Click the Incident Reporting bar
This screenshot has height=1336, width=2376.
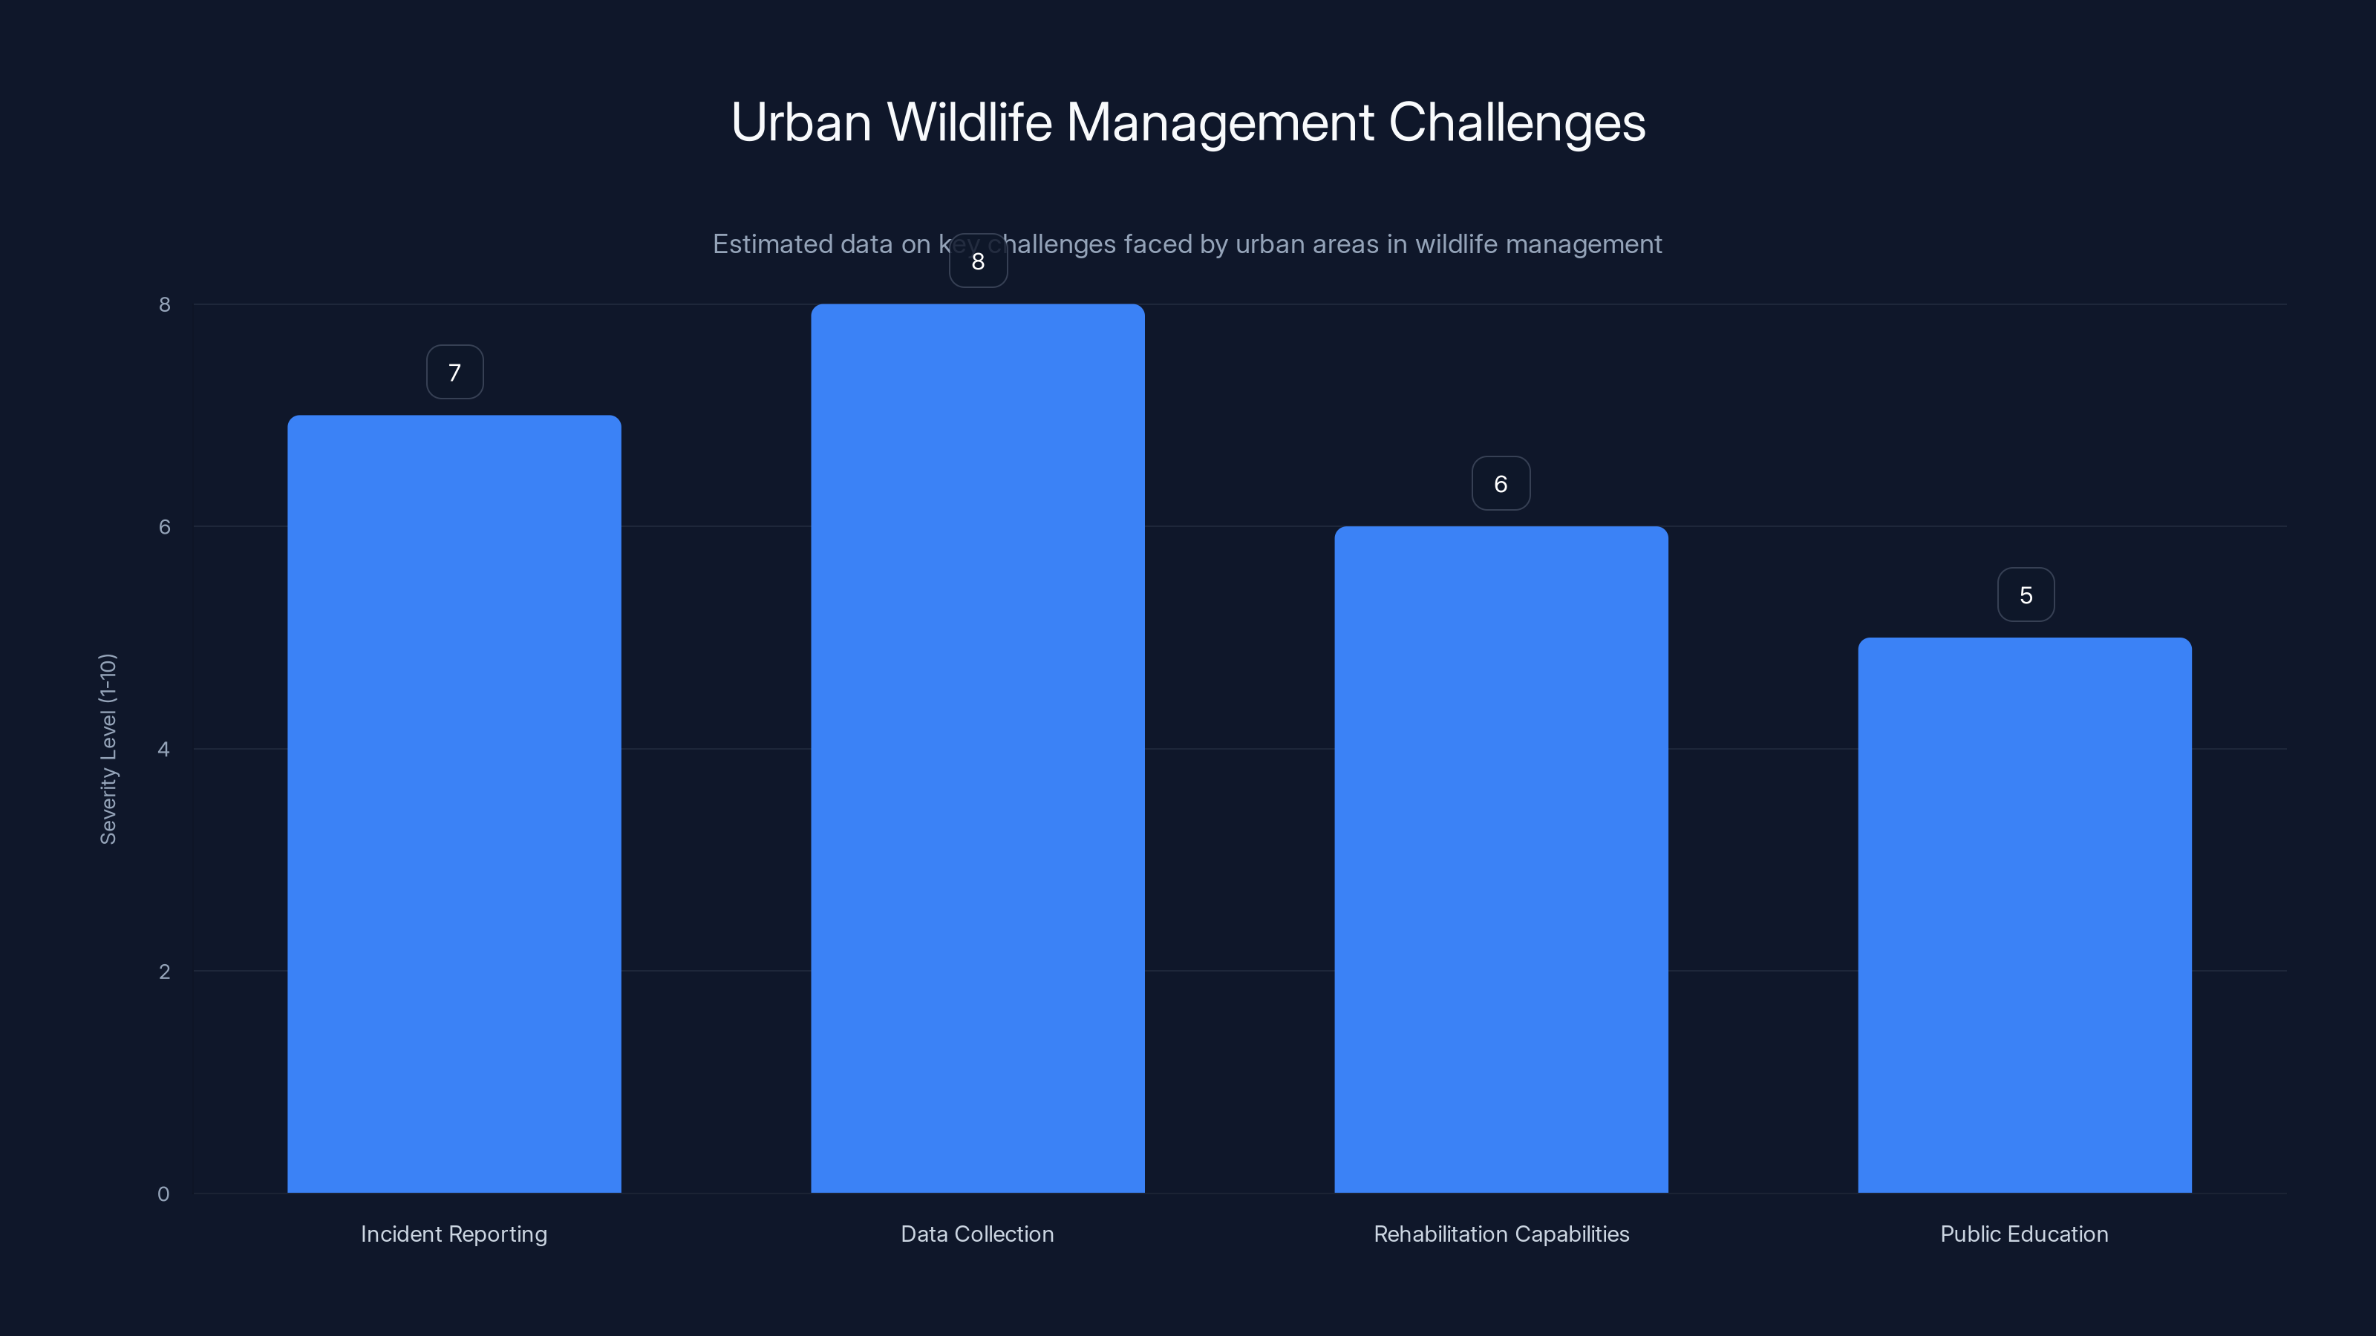tap(454, 803)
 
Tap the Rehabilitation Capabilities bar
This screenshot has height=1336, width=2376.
tap(1501, 859)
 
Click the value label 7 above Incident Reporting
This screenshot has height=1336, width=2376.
tap(454, 373)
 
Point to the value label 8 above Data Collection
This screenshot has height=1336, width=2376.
tap(979, 262)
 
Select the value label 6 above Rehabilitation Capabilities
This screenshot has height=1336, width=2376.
tap(1501, 484)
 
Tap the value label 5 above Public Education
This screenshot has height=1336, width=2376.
tap(2026, 595)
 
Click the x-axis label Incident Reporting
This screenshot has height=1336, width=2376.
tap(454, 1234)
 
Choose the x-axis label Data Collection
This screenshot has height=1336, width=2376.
tap(977, 1234)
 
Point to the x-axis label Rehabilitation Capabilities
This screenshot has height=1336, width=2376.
tap(1501, 1234)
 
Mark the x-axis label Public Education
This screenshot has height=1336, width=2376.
tap(2023, 1234)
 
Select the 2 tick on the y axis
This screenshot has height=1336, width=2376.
tap(164, 971)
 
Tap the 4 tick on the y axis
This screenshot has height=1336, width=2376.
tap(164, 749)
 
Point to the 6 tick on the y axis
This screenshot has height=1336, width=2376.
tap(164, 526)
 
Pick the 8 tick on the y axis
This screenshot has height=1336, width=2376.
tap(164, 304)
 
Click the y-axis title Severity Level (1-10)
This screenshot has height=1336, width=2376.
tap(108, 749)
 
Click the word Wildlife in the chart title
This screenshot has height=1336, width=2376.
tap(968, 122)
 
